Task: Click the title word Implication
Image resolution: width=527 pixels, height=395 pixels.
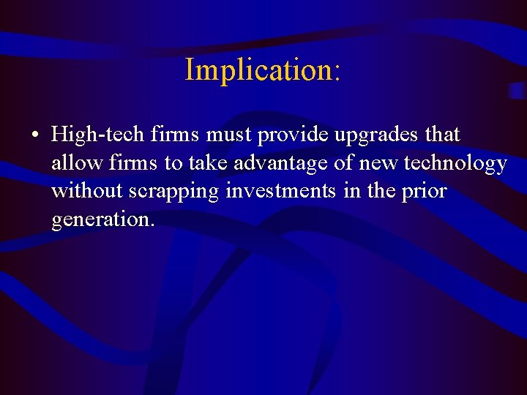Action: point(258,70)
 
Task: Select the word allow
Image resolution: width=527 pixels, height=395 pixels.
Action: point(74,163)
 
